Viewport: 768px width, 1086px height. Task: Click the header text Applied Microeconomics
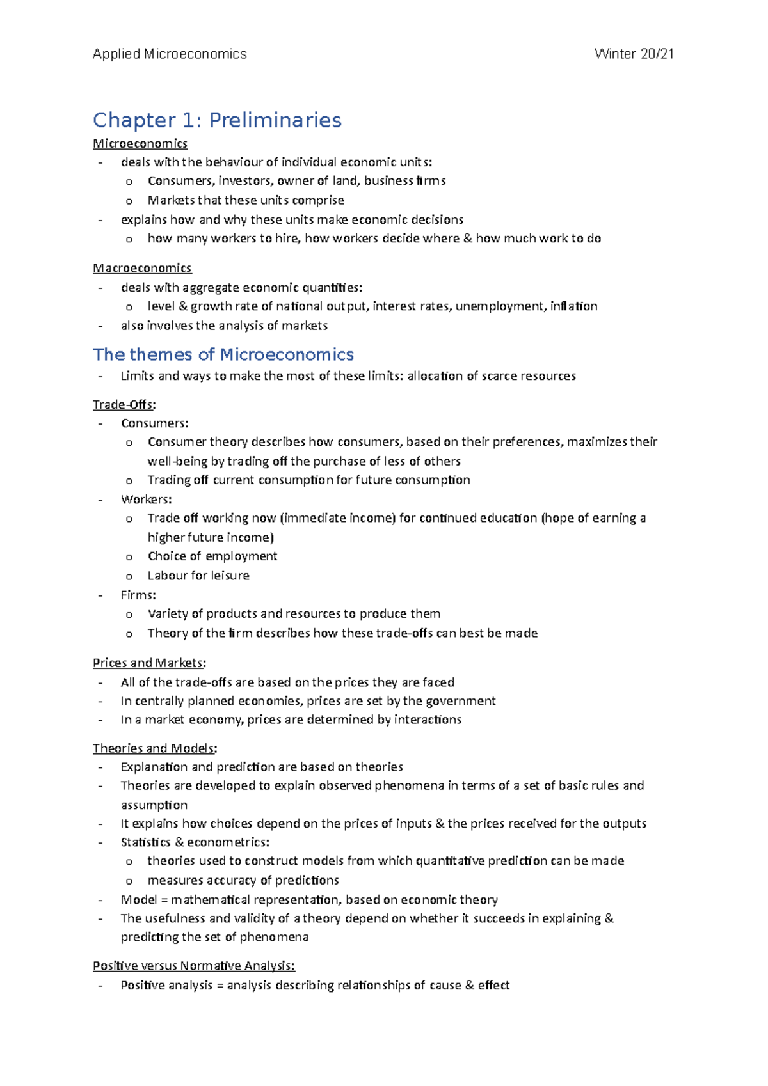click(170, 54)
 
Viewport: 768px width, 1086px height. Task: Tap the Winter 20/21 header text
click(634, 54)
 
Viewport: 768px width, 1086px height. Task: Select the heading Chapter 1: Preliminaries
click(217, 120)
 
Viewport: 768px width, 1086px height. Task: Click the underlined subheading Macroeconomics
click(142, 268)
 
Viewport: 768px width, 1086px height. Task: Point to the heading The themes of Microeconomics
click(223, 354)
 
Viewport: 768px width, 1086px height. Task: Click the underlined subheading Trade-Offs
click(124, 404)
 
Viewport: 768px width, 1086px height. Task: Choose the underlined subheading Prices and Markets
click(148, 663)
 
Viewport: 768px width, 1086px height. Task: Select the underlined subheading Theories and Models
click(154, 748)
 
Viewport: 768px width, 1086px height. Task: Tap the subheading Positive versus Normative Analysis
click(193, 966)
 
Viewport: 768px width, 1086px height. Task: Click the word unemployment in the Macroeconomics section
click(500, 306)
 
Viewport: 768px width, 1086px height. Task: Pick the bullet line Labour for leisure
click(198, 576)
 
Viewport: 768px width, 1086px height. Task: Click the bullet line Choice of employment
click(212, 556)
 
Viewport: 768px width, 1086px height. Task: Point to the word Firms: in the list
click(138, 595)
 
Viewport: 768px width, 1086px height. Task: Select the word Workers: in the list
click(146, 499)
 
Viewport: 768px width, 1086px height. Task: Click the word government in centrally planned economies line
click(461, 701)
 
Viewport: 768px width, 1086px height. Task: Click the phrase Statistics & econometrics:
click(195, 842)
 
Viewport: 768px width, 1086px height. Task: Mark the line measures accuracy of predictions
click(243, 881)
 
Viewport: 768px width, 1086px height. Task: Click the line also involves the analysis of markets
click(224, 326)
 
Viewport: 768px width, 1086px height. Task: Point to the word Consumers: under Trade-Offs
click(154, 423)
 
